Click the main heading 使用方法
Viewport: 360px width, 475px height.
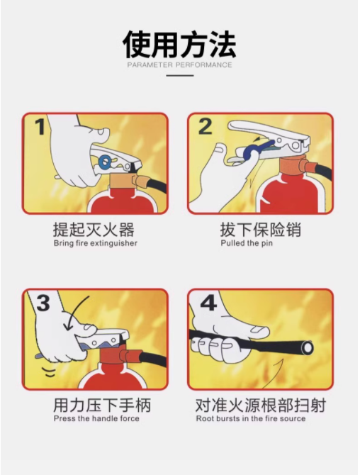(x=179, y=44)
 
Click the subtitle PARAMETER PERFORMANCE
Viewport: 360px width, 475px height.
(x=179, y=65)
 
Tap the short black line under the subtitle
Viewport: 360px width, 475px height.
(x=180, y=75)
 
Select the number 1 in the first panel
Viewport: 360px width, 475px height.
(x=40, y=127)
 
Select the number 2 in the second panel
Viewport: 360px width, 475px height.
(x=206, y=127)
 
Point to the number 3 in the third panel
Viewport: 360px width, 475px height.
(x=43, y=303)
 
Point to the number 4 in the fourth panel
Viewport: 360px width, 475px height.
(x=208, y=302)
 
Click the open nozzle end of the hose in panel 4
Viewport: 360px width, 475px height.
(x=307, y=347)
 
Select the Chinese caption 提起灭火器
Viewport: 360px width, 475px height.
(x=94, y=229)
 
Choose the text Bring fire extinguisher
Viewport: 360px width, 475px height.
(x=96, y=243)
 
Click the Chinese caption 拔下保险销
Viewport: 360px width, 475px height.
(x=261, y=229)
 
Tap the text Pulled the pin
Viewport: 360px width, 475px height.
(x=247, y=243)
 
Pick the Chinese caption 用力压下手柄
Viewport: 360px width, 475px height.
(x=102, y=405)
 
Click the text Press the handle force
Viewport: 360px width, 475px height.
(x=96, y=419)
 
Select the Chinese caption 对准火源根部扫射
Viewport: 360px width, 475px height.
(x=260, y=405)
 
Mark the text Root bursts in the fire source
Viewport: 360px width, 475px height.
(x=251, y=419)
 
